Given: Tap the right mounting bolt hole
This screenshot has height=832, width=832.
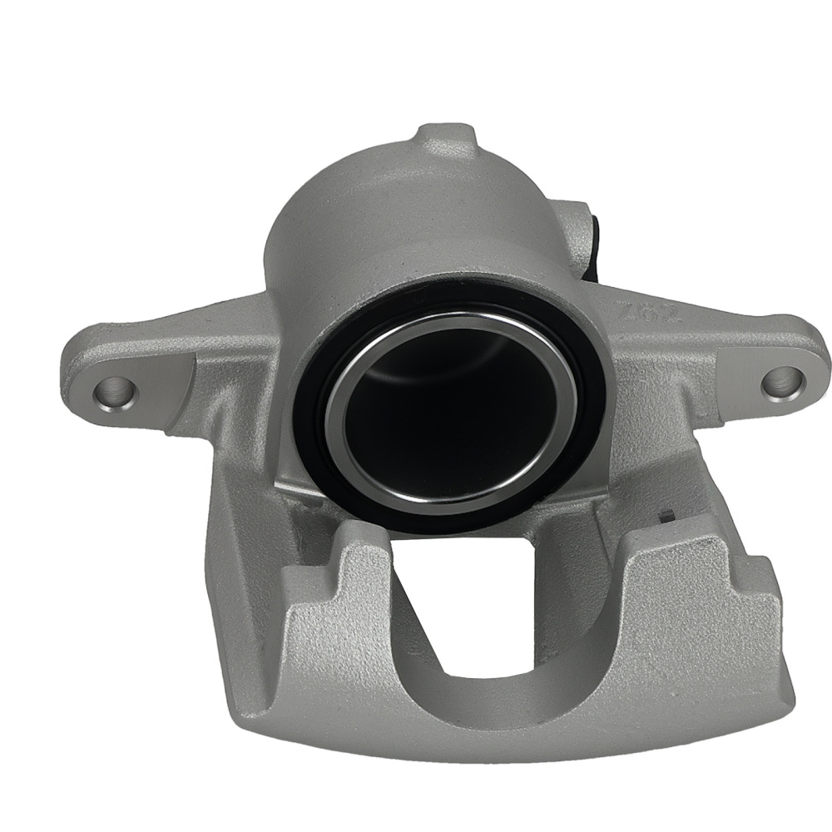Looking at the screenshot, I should click(782, 381).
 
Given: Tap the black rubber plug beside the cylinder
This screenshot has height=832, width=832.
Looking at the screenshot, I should click(596, 241).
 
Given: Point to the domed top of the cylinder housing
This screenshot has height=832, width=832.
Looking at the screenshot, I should click(408, 216).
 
